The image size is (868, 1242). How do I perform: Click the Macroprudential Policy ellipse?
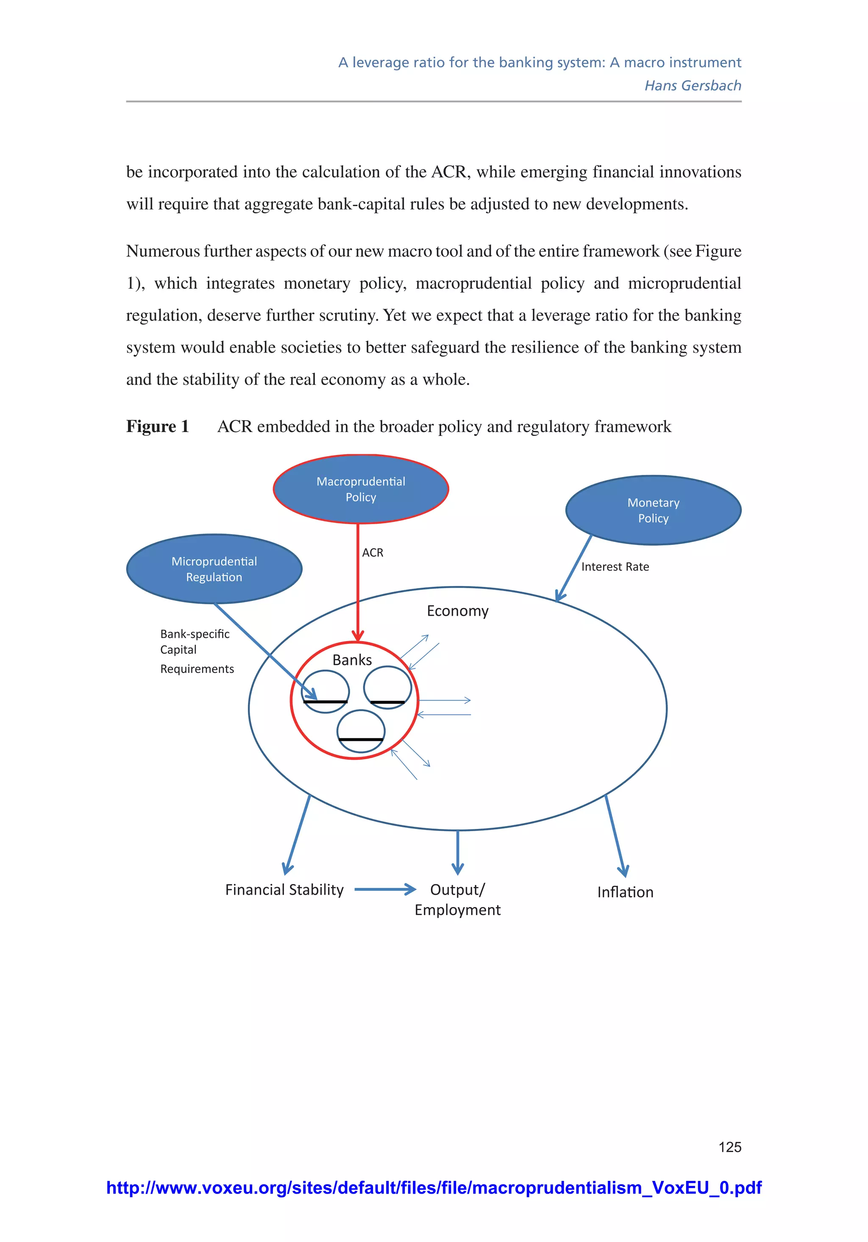point(361,489)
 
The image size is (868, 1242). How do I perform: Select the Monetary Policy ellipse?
point(653,510)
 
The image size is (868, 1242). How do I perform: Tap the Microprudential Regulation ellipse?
point(214,569)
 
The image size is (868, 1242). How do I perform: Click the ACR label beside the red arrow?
point(373,552)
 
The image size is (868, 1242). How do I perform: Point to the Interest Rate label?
point(615,567)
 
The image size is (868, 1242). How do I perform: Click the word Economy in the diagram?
point(458,611)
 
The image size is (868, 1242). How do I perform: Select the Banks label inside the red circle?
point(352,660)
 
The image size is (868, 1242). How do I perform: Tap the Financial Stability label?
point(284,890)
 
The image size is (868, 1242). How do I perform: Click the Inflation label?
point(625,893)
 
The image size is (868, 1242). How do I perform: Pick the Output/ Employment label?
point(458,899)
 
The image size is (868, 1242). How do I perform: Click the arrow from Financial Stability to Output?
point(385,889)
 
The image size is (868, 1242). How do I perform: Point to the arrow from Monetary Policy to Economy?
point(574,568)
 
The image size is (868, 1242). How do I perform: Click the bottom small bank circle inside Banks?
point(361,731)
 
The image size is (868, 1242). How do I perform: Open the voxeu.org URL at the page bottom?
point(434,1188)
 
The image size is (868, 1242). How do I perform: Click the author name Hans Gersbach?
point(693,86)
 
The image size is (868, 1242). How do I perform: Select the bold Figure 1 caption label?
point(157,426)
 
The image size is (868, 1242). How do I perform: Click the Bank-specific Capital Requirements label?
point(197,651)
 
